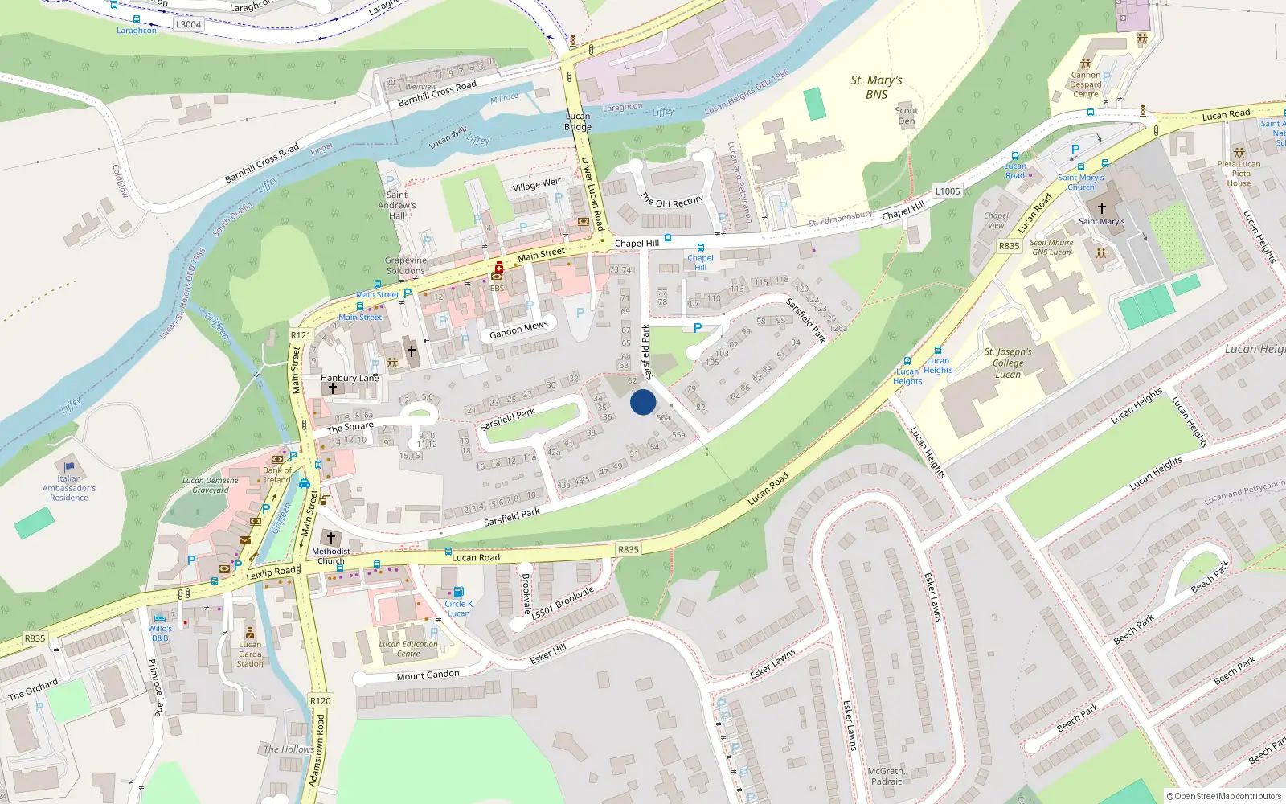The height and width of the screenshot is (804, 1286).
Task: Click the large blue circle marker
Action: point(643,402)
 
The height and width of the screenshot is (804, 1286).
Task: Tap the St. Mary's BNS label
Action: point(876,87)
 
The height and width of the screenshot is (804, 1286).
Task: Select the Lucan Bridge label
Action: point(578,121)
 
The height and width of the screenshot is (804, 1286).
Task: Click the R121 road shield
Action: point(301,335)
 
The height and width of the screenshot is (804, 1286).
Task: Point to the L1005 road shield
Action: point(948,191)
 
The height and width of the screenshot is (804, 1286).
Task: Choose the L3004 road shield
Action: point(188,24)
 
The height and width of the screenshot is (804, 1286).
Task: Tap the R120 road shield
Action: point(321,701)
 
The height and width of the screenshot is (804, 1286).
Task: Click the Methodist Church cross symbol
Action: point(330,537)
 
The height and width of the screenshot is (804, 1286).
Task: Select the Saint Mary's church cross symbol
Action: point(1102,207)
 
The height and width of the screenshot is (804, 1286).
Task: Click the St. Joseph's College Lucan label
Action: point(1008,363)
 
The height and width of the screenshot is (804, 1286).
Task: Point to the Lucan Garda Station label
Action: point(250,654)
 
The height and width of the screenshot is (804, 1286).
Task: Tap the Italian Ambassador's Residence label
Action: point(69,488)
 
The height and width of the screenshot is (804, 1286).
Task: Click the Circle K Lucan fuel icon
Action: point(459,593)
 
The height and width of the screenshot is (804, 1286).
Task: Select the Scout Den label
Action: point(907,116)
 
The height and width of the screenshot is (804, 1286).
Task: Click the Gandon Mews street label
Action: point(518,330)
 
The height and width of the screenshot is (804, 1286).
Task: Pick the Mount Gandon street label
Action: point(428,675)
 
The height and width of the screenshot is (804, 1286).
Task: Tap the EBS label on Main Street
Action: point(497,288)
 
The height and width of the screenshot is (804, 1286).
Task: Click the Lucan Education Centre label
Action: point(408,649)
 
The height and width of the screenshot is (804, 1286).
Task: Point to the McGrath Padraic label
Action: point(887,776)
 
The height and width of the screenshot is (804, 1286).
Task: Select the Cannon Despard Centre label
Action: point(1086,84)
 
